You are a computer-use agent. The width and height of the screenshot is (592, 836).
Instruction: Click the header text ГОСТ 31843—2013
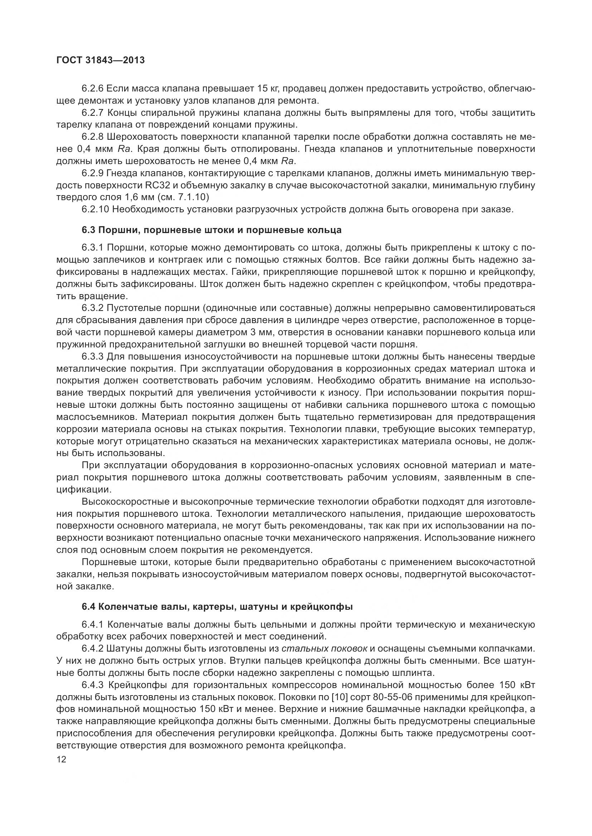(x=101, y=60)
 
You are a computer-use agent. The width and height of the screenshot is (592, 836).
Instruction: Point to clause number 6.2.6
(x=93, y=89)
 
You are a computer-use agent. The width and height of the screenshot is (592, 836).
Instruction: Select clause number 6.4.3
(x=93, y=685)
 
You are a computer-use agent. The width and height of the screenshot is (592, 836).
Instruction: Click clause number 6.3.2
(x=93, y=308)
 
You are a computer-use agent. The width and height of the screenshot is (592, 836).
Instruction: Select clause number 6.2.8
(x=93, y=137)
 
